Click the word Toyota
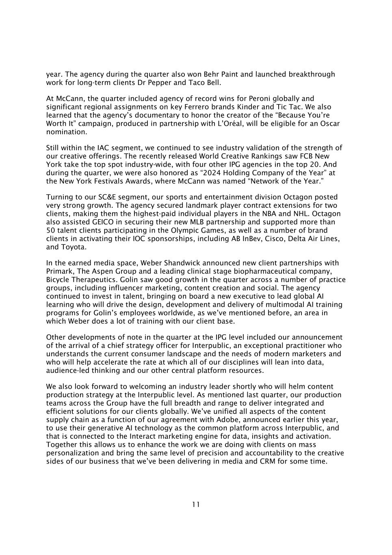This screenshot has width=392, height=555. [73, 247]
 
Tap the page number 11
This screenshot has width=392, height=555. [196, 505]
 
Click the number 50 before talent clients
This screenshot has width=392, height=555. [50, 230]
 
